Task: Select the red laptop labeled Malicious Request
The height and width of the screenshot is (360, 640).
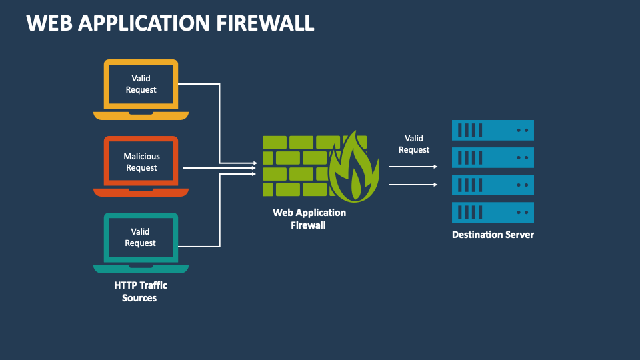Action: [141, 166]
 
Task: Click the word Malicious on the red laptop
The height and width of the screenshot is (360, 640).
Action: [142, 157]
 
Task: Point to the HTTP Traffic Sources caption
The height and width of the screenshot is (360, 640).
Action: [140, 291]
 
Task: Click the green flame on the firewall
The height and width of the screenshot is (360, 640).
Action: [354, 170]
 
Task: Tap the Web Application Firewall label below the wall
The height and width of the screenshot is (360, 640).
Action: [309, 219]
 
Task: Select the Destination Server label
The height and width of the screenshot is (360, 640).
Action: [493, 235]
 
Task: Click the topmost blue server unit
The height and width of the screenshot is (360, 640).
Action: [493, 130]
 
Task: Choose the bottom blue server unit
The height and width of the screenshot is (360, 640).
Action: [493, 212]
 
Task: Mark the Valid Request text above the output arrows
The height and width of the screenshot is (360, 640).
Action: [414, 144]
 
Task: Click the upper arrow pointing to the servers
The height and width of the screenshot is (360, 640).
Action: [413, 167]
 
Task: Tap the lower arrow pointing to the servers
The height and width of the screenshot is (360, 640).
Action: [413, 184]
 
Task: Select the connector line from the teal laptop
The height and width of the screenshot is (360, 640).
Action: [219, 213]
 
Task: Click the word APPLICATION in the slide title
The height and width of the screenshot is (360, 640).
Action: [144, 23]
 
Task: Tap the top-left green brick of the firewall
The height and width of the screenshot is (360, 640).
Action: [274, 142]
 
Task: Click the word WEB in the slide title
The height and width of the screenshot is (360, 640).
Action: [49, 23]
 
